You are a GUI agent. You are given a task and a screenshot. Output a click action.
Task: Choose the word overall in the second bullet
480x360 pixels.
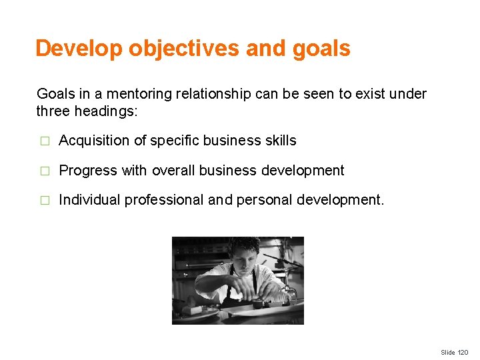tap(170, 171)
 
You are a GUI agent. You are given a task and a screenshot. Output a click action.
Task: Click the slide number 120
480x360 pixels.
tap(463, 352)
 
